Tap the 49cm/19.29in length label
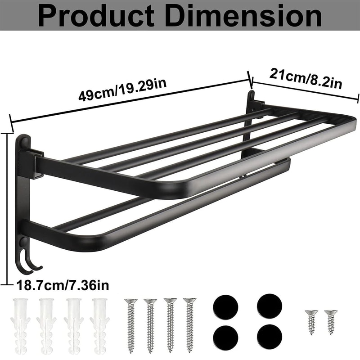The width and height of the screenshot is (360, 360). point(119,90)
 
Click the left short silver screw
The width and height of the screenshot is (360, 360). point(311,321)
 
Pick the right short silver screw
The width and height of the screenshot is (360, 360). point(331,321)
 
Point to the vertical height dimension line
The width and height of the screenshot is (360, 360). point(8,207)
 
